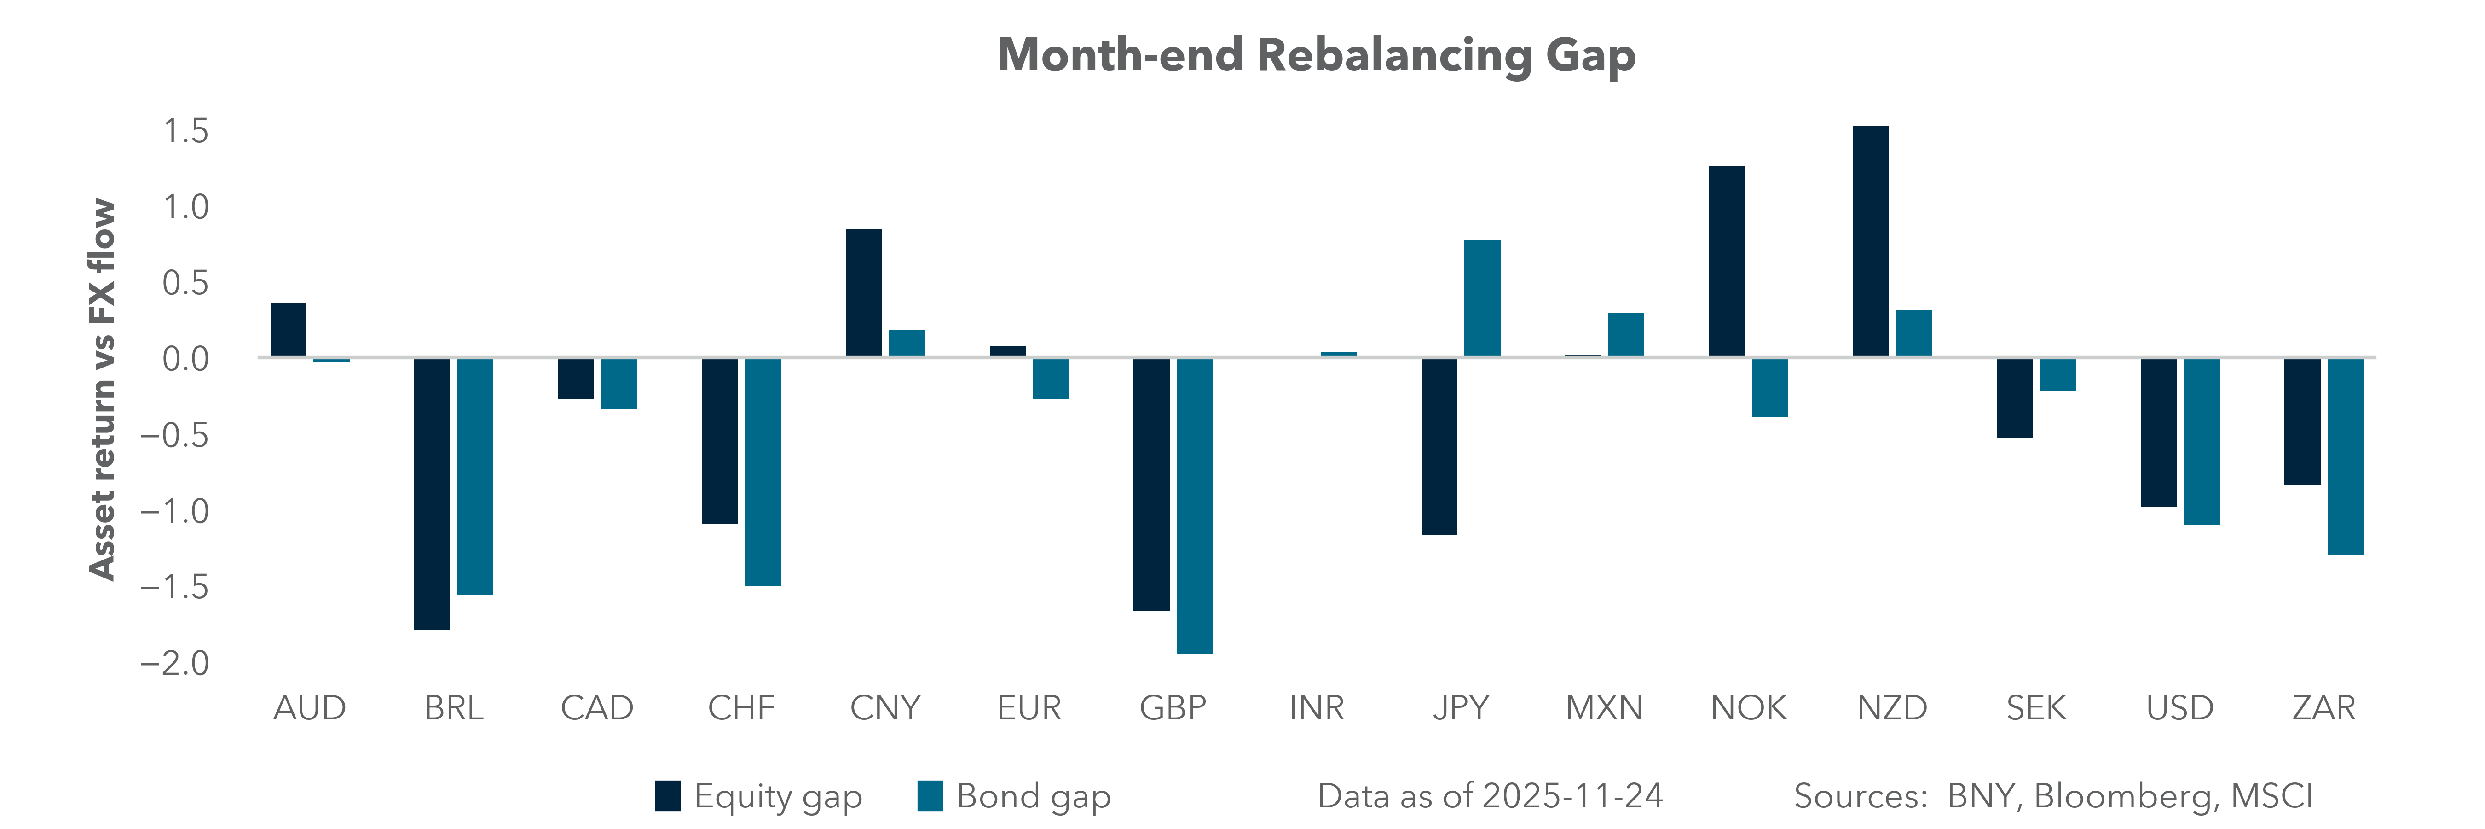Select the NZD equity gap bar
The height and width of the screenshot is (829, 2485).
pos(1871,241)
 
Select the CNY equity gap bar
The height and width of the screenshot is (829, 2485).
pos(863,292)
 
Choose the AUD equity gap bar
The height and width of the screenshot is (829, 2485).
pos(289,330)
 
